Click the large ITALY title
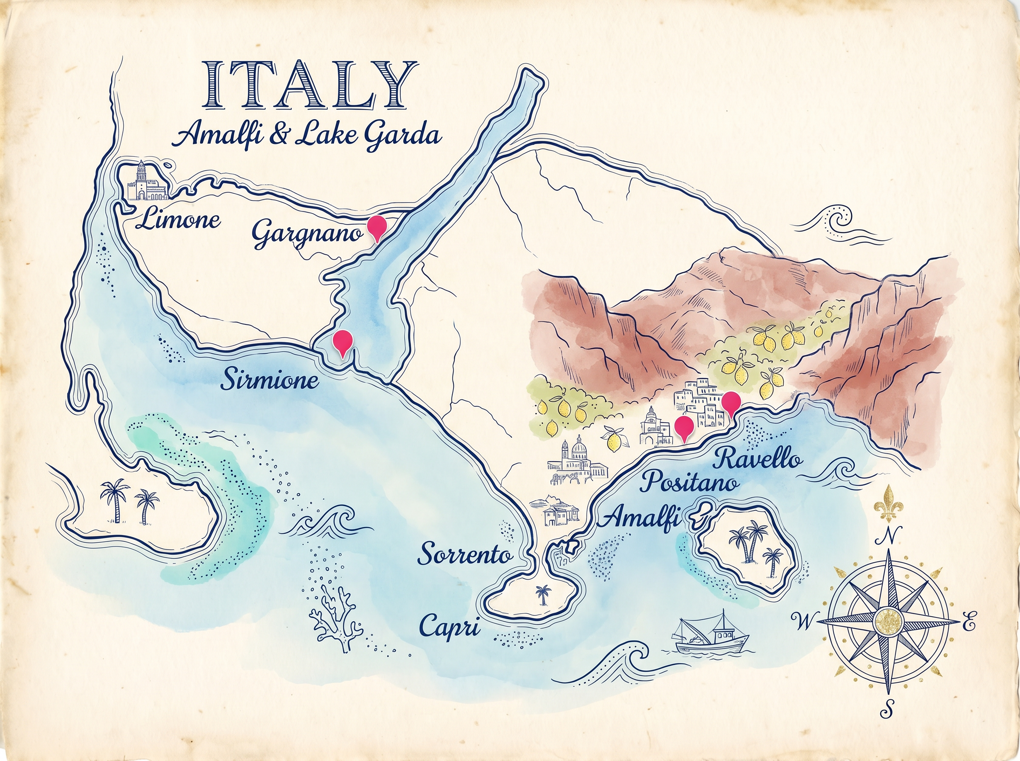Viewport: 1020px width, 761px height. [x=310, y=86]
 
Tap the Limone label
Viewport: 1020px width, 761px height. [x=179, y=219]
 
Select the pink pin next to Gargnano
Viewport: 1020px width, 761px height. [x=377, y=227]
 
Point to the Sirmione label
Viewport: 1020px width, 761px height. [x=270, y=380]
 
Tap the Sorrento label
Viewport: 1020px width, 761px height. [x=465, y=554]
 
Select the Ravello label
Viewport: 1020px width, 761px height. [x=757, y=458]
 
